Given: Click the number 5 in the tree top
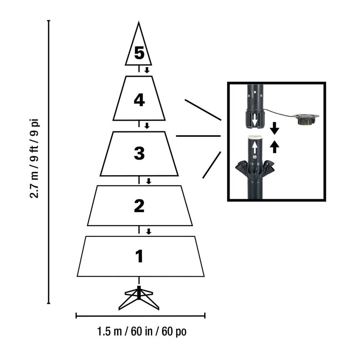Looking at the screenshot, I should pyautogui.click(x=139, y=53).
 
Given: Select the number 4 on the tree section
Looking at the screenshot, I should pyautogui.click(x=139, y=100).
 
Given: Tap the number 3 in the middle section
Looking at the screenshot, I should pyautogui.click(x=139, y=153).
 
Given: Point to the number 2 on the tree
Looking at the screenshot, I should pyautogui.click(x=139, y=206).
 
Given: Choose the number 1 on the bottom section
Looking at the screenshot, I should pyautogui.click(x=140, y=256).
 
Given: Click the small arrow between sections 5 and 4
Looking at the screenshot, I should pyautogui.click(x=146, y=70).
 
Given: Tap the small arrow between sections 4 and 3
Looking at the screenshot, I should pyautogui.click(x=147, y=126).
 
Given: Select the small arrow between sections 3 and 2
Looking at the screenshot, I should pyautogui.click(x=148, y=181).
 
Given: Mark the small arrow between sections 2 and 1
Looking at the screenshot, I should pyautogui.click(x=148, y=232).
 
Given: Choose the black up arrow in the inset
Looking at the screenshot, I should pyautogui.click(x=274, y=146).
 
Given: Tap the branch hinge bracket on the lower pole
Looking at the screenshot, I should pyautogui.click(x=255, y=170).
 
